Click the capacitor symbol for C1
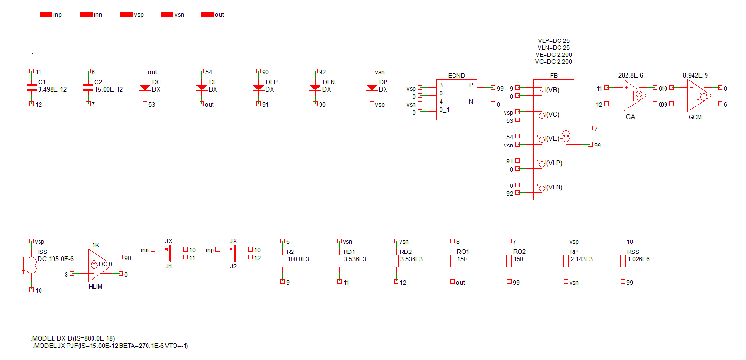click(31, 87)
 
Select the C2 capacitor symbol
click(88, 87)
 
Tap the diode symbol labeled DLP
click(258, 88)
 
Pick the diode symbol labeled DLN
click(315, 88)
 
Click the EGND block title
click(456, 75)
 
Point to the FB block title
click(553, 75)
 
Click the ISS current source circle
click(31, 266)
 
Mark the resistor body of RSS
click(623, 261)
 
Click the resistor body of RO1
click(453, 261)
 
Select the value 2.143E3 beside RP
click(581, 259)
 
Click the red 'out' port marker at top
click(208, 15)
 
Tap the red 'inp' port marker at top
click(46, 15)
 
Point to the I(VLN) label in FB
click(551, 187)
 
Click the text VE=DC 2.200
click(554, 55)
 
